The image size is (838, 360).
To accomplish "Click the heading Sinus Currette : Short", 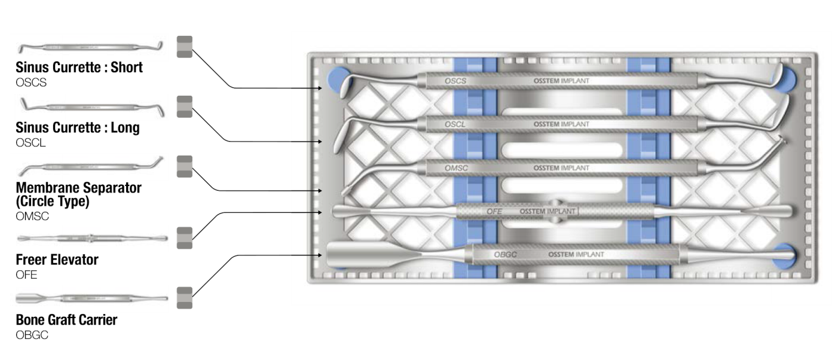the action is click(79, 68).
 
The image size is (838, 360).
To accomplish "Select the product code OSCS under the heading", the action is click(31, 83).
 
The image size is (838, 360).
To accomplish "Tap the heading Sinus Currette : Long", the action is click(78, 127).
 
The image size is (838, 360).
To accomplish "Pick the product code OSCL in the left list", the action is click(30, 142).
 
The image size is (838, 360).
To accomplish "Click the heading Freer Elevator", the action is click(57, 260).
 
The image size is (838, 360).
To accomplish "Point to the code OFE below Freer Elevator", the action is click(26, 274).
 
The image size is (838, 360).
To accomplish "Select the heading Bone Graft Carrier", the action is click(66, 320).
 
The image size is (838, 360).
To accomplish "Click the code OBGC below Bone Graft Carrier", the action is click(32, 335).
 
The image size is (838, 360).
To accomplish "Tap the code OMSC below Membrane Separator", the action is click(32, 216).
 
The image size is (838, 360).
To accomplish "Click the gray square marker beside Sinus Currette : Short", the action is click(185, 47).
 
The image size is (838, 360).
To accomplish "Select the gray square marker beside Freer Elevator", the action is click(185, 238).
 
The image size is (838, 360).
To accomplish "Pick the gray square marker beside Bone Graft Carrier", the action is click(185, 298).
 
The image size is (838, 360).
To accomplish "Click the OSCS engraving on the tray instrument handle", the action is click(455, 81).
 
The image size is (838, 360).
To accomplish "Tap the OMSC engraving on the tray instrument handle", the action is click(456, 169).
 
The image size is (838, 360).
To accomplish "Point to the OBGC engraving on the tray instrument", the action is click(505, 255).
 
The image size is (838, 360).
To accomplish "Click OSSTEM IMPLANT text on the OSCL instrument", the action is click(561, 124).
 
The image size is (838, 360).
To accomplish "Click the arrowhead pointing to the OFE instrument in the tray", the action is click(319, 212).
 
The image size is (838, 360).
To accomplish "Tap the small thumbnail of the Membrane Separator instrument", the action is click(90, 166).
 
